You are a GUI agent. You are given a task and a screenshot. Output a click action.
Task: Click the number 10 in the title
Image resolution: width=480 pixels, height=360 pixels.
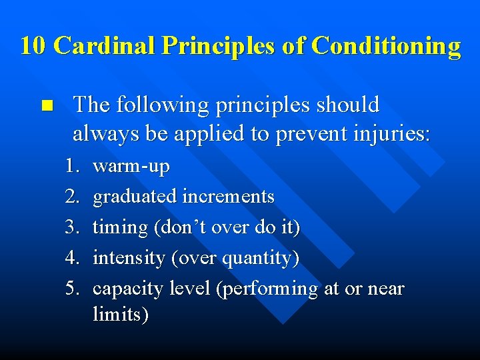pyautogui.click(x=33, y=46)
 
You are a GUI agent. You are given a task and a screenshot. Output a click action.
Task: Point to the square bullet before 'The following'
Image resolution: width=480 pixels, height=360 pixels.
pyautogui.click(x=46, y=105)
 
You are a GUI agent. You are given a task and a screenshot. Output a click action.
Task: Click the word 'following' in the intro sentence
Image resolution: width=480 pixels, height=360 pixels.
pyautogui.click(x=157, y=105)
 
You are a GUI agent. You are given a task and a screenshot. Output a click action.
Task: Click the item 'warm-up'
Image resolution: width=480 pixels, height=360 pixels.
pyautogui.click(x=131, y=166)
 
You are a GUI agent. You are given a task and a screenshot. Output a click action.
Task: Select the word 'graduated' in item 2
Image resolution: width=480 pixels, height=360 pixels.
pyautogui.click(x=135, y=197)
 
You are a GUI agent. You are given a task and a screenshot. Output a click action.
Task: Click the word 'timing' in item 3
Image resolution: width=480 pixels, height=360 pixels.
pyautogui.click(x=120, y=227)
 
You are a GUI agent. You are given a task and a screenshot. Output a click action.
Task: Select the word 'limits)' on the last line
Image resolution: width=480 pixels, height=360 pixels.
pyautogui.click(x=121, y=314)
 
